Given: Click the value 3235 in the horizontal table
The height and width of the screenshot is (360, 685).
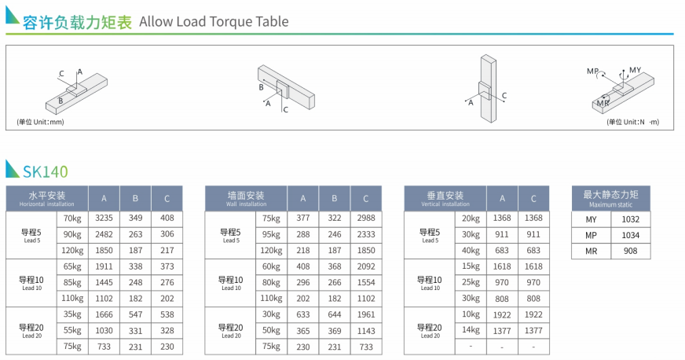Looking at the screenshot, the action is coord(104,218).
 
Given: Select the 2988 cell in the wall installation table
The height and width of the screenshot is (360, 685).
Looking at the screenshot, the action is coord(366,218).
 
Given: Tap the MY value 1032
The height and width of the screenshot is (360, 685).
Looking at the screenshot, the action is coord(630,219).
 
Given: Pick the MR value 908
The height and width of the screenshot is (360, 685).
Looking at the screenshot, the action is coord(630,252).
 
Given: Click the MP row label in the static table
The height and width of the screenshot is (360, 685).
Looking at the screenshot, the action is coord(591,236).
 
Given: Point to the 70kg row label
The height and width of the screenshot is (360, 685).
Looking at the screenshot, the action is coord(72,219).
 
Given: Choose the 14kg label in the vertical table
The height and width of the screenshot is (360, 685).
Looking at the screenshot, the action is coord(471,330).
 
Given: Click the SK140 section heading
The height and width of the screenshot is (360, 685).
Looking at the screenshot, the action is coord(46,171).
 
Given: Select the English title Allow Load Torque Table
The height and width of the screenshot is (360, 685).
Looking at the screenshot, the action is coord(214,21).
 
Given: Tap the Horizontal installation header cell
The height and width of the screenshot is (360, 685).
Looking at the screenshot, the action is coord(47,198).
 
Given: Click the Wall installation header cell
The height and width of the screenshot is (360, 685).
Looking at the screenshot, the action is coord(246,198).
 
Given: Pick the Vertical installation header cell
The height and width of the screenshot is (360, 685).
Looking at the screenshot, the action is coord(445,198).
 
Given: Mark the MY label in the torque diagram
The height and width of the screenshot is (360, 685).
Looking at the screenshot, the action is coord(636,70).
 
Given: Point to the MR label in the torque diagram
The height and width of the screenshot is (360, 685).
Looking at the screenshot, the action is coord(603,104).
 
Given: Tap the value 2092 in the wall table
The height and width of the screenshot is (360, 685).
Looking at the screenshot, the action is coord(366,266).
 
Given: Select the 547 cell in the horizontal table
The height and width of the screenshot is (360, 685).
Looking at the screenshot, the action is coord(135,314).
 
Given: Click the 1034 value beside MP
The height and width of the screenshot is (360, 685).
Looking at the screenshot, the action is coord(630,236).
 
